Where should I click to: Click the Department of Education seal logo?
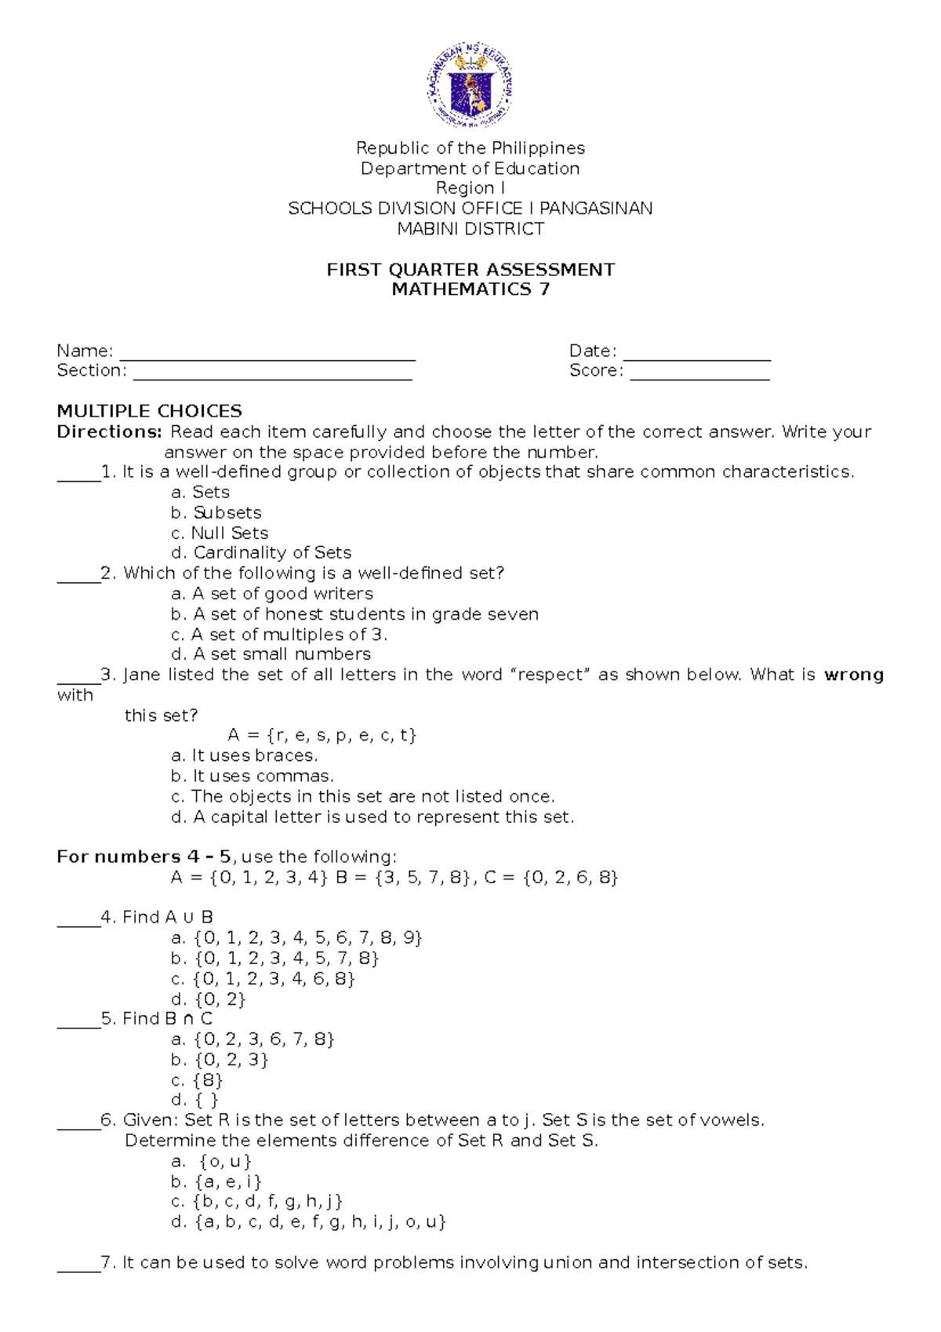(x=470, y=86)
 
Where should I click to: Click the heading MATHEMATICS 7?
(x=470, y=289)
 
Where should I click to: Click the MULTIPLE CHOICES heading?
(x=149, y=411)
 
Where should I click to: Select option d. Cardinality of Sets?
(x=260, y=553)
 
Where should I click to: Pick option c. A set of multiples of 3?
(x=279, y=635)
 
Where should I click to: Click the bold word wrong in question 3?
(x=854, y=675)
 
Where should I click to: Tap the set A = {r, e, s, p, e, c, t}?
(x=322, y=735)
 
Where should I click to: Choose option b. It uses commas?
(x=252, y=776)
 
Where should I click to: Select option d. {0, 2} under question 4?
(x=208, y=999)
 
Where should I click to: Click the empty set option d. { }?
(x=196, y=1100)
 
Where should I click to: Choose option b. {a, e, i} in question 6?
(x=216, y=1181)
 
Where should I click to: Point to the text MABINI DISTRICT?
(x=470, y=229)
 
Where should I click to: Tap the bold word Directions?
(x=109, y=431)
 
